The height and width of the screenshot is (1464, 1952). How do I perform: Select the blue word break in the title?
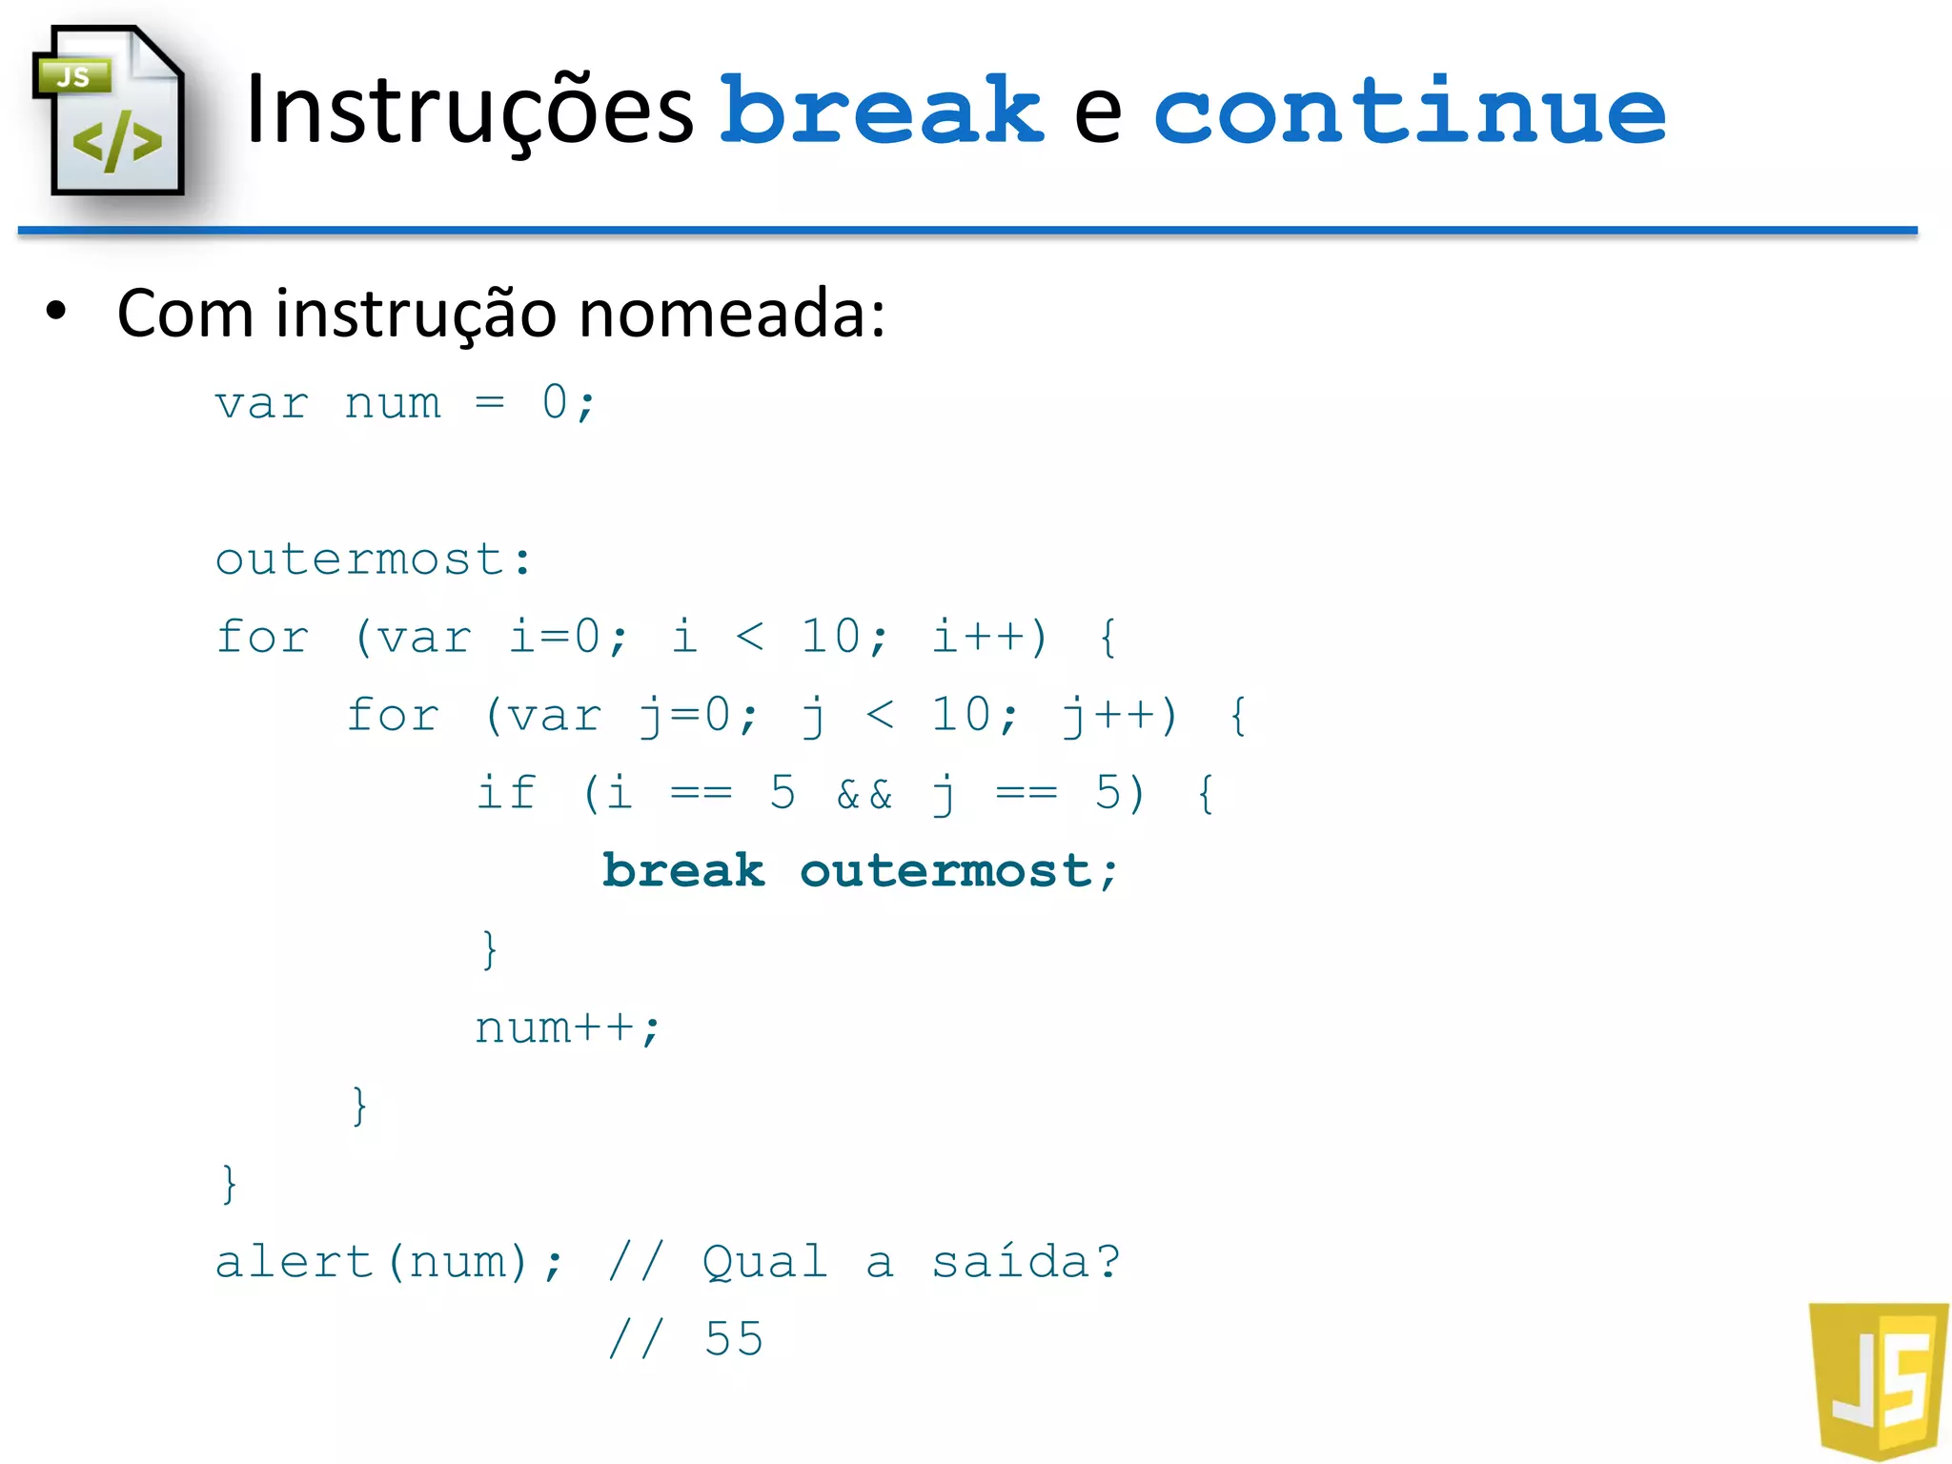(882, 112)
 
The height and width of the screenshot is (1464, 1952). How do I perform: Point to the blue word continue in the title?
(1409, 112)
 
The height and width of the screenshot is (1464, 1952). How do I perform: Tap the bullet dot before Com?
(57, 311)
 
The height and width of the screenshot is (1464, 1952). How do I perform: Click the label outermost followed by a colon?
(373, 559)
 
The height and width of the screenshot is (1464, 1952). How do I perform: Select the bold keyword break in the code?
(683, 871)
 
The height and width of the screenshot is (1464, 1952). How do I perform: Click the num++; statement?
(567, 1027)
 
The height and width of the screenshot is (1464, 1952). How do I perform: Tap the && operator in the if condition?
(864, 794)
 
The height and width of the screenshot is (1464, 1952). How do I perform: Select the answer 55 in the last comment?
(734, 1339)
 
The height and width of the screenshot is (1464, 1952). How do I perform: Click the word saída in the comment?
(1010, 1262)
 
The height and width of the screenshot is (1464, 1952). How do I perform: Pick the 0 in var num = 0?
(555, 402)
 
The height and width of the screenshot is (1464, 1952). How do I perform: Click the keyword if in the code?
(506, 793)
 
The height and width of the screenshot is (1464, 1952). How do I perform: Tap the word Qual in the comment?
(764, 1262)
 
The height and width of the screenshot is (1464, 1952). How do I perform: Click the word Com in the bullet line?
(185, 314)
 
